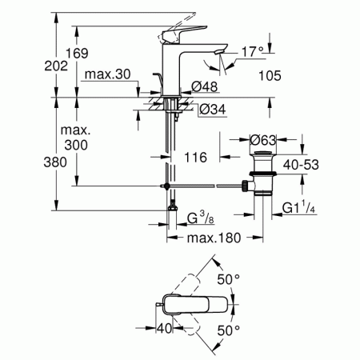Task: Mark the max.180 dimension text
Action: tap(214, 239)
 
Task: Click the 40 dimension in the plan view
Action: tap(166, 329)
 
